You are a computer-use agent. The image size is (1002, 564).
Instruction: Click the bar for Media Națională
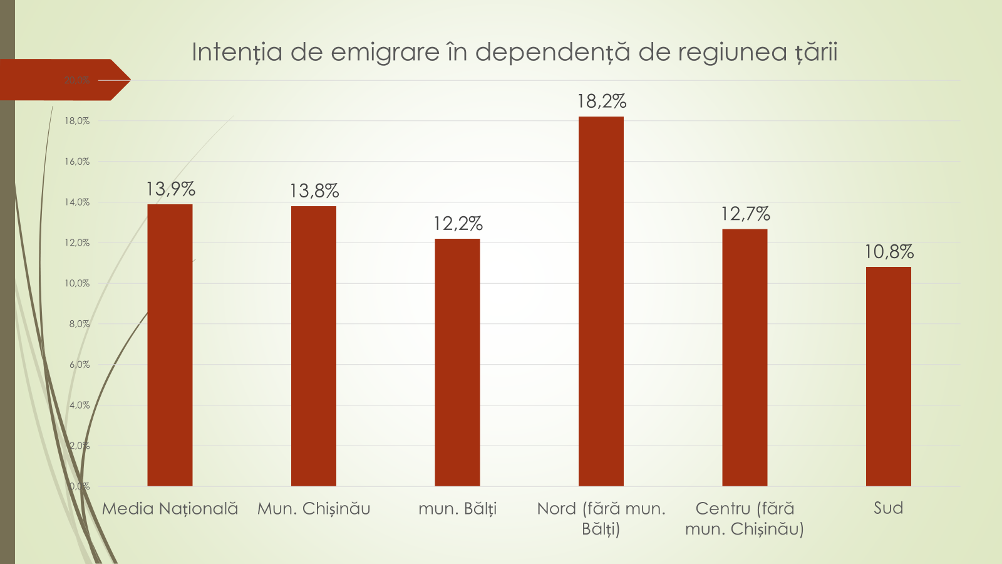click(170, 345)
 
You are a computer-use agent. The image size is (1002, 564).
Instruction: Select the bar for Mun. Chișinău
click(314, 346)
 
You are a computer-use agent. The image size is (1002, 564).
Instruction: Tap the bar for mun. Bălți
click(457, 362)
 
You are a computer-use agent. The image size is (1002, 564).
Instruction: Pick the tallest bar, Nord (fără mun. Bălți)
click(601, 301)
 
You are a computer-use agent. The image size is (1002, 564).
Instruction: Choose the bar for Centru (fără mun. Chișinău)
click(745, 357)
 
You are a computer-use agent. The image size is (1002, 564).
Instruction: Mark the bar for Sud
click(889, 376)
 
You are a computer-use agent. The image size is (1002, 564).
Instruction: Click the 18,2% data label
click(601, 102)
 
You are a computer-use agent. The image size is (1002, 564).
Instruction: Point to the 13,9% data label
click(170, 189)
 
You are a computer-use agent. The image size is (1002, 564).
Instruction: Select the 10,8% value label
click(889, 252)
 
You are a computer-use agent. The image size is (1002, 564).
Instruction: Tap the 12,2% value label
click(458, 224)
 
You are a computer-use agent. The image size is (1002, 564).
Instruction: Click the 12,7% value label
click(745, 214)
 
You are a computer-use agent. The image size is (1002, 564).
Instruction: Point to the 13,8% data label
click(314, 191)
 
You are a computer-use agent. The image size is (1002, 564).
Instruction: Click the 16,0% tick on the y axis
click(77, 162)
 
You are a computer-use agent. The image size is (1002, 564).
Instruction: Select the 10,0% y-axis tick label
click(77, 283)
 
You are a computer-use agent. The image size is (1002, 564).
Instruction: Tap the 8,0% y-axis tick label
click(80, 324)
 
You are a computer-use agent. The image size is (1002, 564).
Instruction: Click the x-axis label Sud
click(889, 508)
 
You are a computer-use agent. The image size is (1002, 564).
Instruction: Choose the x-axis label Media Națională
click(170, 508)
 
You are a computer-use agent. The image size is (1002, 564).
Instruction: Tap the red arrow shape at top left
click(63, 80)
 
